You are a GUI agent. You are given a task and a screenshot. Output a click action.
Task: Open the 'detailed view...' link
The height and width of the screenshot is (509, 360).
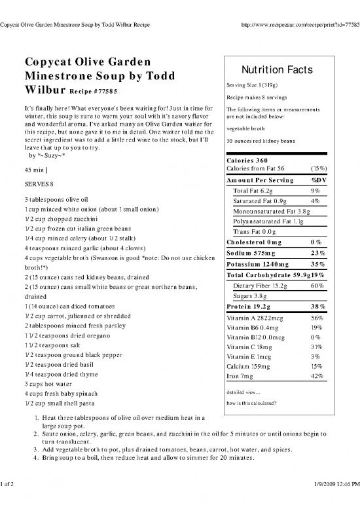(x=242, y=392)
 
